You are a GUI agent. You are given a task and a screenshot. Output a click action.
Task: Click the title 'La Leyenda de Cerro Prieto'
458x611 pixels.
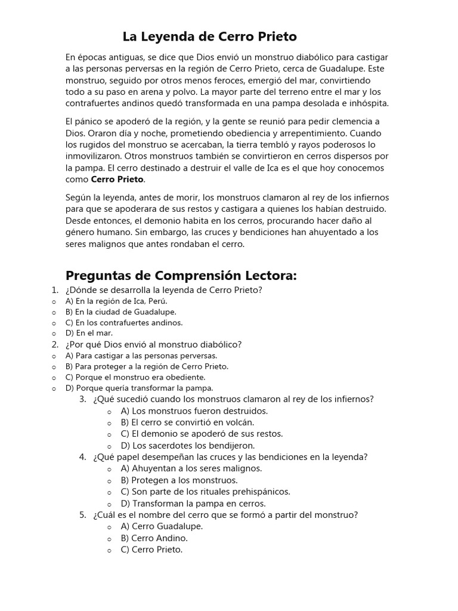209,37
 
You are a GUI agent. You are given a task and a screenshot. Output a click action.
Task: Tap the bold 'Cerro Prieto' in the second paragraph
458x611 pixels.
117,179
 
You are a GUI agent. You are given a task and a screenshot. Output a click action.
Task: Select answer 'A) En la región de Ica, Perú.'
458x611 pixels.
116,301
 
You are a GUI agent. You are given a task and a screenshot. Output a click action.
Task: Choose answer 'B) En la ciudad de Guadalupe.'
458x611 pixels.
121,311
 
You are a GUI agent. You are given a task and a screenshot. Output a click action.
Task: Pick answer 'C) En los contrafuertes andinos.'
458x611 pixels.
124,322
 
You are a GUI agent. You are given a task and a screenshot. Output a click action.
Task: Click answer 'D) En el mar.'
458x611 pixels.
89,333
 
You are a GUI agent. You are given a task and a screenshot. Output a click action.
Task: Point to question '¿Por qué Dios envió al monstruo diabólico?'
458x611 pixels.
153,344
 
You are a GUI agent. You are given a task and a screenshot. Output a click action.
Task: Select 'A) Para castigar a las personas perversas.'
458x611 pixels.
141,356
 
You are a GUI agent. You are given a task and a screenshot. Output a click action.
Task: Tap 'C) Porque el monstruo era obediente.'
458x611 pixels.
135,377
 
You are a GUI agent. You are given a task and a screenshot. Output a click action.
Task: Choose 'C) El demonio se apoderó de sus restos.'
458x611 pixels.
202,434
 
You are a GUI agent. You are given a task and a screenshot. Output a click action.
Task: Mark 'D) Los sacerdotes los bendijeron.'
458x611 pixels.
188,445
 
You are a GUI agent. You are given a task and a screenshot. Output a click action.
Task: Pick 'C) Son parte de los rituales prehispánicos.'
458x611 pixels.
205,492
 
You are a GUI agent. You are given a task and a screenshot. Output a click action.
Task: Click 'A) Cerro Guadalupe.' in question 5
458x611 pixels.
162,526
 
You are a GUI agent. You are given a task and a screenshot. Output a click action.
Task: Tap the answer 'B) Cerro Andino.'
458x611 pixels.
154,538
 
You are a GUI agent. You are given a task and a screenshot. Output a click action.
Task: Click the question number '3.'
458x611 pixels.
83,399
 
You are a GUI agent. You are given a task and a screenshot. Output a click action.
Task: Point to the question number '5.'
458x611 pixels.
83,514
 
